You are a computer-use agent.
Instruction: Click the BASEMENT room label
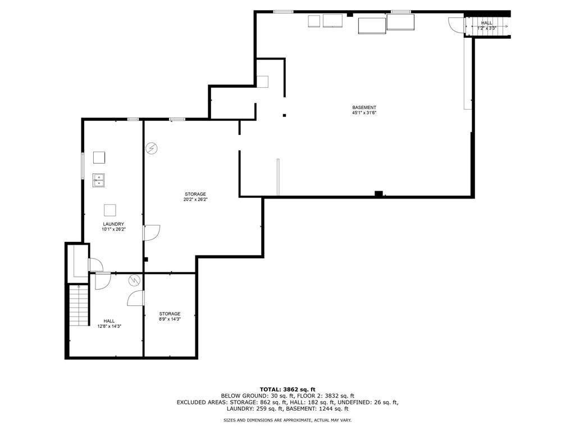tap(364, 107)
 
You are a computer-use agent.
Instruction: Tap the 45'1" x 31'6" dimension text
tap(364, 112)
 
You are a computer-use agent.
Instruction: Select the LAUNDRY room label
tap(113, 224)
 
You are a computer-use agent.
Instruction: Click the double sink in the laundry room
tap(99, 181)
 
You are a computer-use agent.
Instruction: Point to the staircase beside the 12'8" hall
tap(79, 305)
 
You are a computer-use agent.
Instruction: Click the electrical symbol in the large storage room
tap(152, 148)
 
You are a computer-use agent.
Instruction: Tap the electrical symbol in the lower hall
tap(134, 280)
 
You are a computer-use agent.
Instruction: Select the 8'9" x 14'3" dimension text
tap(170, 319)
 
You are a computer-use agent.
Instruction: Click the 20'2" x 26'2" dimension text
tap(195, 200)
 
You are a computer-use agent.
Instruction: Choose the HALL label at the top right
tap(487, 22)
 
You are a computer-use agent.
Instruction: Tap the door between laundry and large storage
tap(151, 233)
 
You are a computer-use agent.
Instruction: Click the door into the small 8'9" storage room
tap(136, 298)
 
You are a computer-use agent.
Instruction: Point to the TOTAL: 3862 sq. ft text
tap(287, 389)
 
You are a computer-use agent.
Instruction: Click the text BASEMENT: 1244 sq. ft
tap(317, 408)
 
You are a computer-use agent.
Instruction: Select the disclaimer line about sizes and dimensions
tap(287, 420)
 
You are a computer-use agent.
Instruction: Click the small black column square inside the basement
tap(284, 115)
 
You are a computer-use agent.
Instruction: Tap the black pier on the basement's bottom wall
tap(378, 193)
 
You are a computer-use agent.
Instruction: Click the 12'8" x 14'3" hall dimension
tap(109, 326)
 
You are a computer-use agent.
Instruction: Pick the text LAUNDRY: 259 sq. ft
tap(255, 408)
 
